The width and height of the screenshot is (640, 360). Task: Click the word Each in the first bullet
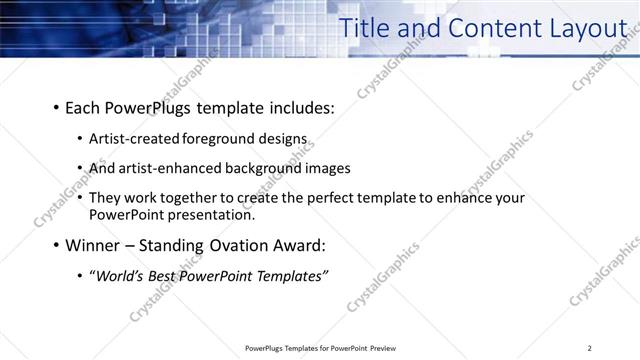[82, 107]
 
